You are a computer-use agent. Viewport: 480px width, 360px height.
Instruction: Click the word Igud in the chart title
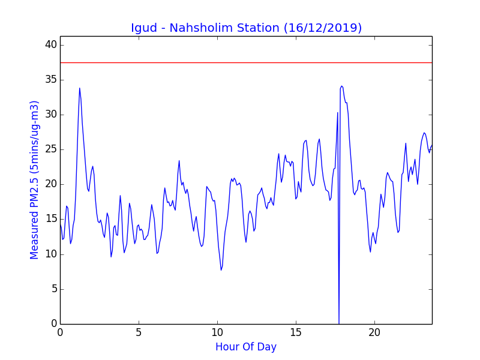point(144,28)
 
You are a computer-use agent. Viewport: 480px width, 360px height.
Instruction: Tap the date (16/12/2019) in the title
point(323,28)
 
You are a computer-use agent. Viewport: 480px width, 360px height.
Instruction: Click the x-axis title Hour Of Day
point(246,347)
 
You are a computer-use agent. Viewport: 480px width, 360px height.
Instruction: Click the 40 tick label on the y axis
point(51,45)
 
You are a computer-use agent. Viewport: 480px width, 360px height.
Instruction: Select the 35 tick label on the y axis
point(51,80)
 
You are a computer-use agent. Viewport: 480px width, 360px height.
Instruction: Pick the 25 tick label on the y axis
point(51,149)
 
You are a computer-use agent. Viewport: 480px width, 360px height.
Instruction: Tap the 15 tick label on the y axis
point(51,220)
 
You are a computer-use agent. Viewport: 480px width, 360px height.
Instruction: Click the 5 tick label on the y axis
point(54,289)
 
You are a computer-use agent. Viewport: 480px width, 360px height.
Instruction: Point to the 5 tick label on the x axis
point(139,332)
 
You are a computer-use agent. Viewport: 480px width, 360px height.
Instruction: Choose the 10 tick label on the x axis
point(217,332)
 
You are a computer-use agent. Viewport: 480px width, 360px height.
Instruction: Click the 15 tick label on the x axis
point(296,332)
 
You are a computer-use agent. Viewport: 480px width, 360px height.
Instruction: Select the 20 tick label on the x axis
point(374,332)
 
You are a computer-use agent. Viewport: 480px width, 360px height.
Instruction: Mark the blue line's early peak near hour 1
point(80,88)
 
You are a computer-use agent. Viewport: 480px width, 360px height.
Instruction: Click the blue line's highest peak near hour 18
point(341,86)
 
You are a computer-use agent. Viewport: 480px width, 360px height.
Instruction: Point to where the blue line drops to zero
point(339,323)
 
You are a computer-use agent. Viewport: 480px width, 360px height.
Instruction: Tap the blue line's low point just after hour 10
point(221,270)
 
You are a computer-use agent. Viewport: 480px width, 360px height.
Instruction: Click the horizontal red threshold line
point(246,63)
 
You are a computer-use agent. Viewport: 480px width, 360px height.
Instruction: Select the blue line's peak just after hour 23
point(424,133)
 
